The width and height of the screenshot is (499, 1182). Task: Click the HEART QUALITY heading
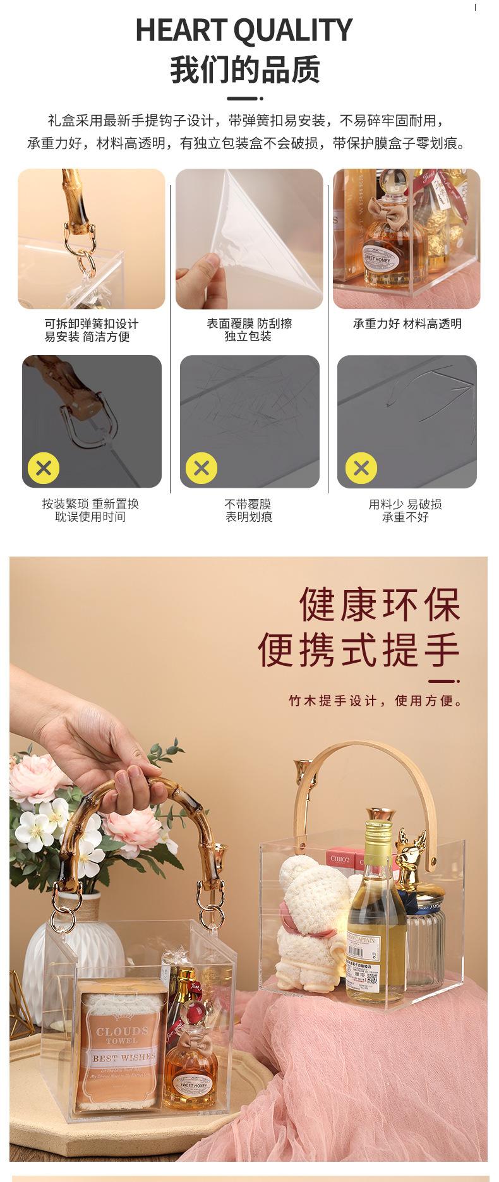(x=244, y=30)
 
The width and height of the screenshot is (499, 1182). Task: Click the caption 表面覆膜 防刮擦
(x=249, y=323)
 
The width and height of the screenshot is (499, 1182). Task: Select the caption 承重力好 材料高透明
(x=407, y=324)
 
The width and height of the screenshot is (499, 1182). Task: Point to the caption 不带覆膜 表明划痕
(x=248, y=510)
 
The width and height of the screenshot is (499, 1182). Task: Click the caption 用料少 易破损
(x=405, y=504)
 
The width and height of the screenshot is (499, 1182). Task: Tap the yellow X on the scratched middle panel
(x=201, y=468)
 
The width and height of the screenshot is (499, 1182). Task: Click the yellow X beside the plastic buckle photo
(x=44, y=468)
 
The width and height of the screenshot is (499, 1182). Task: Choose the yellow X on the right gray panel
(x=361, y=468)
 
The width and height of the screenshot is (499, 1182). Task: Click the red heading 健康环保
(x=380, y=604)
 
